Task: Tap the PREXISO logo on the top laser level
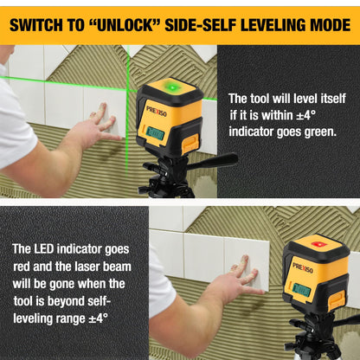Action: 157,111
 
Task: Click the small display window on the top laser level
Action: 157,132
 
